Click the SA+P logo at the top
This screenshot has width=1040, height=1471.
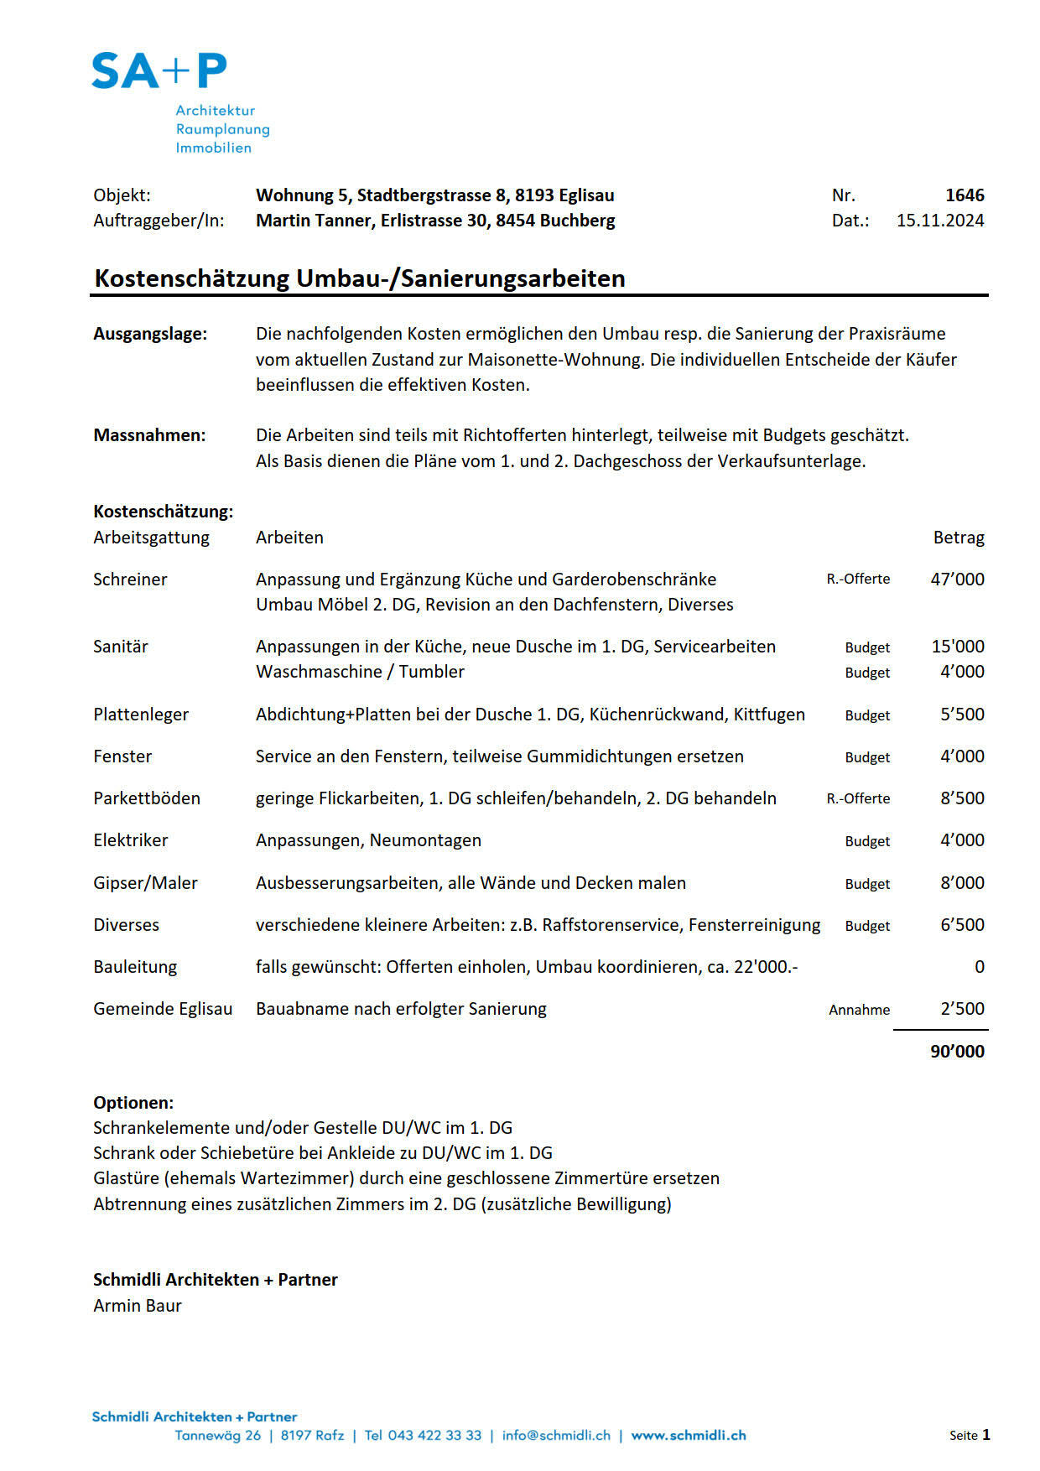coord(159,71)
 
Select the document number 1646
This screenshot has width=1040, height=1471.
coord(965,195)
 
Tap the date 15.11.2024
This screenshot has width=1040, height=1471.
coord(940,221)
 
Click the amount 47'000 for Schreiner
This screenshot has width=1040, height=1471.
coord(957,580)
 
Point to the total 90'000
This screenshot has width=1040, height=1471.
coord(957,1052)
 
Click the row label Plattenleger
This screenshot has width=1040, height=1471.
coord(141,715)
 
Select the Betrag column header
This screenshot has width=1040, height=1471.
coord(959,538)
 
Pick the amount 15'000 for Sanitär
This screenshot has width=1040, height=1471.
coord(958,647)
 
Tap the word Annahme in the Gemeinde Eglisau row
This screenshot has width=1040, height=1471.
coord(859,1010)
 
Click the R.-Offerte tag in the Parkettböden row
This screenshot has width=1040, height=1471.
coord(858,798)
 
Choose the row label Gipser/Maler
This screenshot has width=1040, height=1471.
coord(145,883)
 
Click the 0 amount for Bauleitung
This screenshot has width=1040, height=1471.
coord(979,967)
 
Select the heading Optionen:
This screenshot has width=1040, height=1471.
coord(133,1103)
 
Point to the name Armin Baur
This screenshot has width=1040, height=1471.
coord(138,1306)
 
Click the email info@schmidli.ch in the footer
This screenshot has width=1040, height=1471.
coord(556,1435)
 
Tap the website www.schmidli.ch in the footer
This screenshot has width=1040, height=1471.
coord(689,1435)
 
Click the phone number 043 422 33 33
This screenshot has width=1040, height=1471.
coord(434,1435)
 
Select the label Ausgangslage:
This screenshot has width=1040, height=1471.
coord(150,334)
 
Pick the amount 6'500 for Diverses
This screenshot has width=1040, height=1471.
coord(962,925)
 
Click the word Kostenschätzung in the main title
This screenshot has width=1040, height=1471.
coord(193,278)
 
